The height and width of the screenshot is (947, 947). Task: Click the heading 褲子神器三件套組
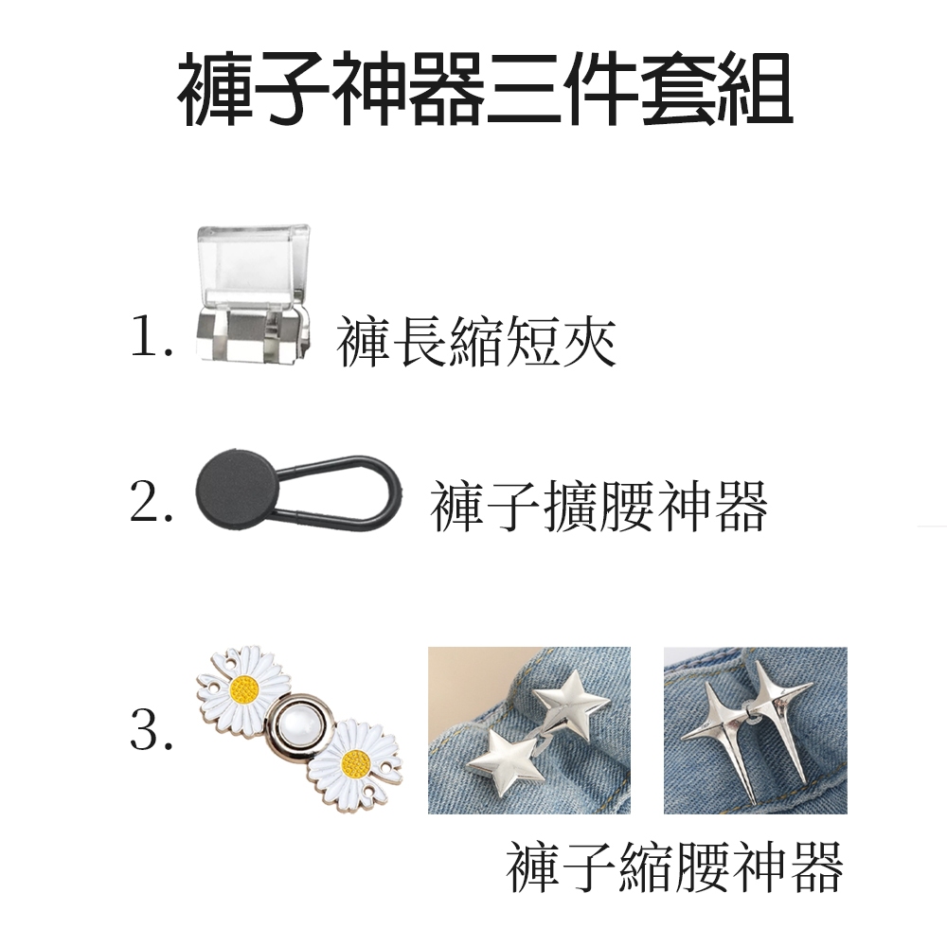(485, 89)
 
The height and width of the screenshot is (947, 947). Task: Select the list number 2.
(151, 503)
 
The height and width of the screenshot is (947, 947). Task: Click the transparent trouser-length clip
(254, 295)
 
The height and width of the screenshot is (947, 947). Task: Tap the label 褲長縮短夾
(476, 342)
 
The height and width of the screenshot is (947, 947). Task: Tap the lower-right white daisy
(355, 762)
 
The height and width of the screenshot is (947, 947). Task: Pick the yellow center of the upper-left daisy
(244, 688)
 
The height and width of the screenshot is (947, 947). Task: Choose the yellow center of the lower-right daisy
(354, 764)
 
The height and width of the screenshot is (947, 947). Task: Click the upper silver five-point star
(571, 704)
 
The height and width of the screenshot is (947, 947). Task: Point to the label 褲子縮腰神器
(674, 867)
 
